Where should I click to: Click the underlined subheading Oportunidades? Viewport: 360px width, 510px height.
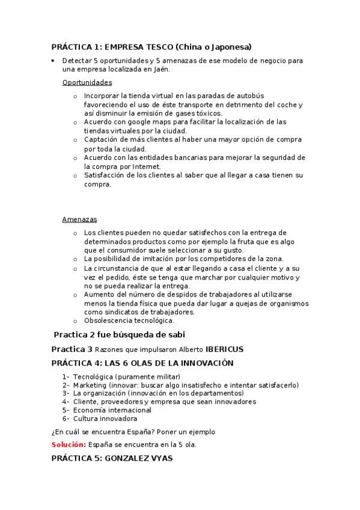coord(87,82)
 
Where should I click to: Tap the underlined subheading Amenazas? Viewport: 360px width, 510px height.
coord(79,220)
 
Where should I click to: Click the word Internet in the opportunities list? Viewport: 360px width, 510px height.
coord(145,167)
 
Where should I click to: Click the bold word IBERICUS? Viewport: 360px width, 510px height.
coord(224,349)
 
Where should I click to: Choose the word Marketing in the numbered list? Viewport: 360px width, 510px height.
coord(90,385)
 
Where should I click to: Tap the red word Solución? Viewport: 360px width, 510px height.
coord(68,444)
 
